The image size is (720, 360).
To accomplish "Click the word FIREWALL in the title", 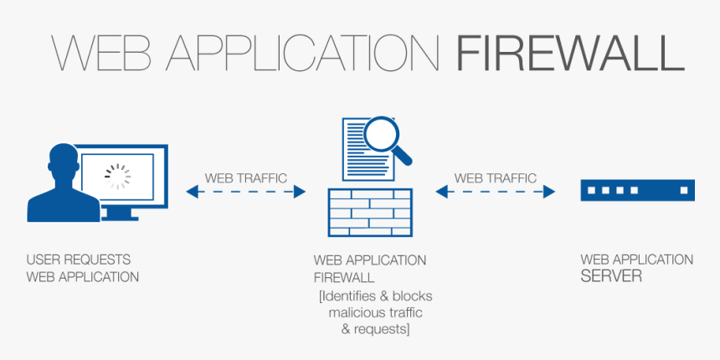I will [x=570, y=54].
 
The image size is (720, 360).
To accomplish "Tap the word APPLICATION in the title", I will [x=303, y=54].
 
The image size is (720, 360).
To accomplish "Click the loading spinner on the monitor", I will [x=117, y=174].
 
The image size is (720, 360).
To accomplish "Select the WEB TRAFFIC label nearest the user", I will [x=246, y=178].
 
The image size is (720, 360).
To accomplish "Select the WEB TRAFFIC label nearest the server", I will [x=496, y=178].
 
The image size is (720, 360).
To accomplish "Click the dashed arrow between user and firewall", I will [x=246, y=192].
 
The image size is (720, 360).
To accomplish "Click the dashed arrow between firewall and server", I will [x=496, y=192].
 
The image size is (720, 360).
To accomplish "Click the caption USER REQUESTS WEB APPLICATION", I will [x=83, y=268].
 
